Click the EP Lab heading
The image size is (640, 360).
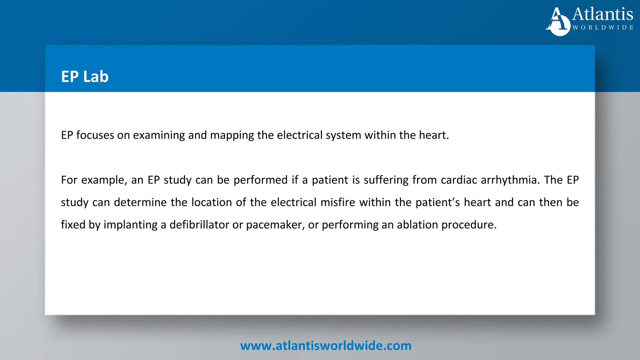85,77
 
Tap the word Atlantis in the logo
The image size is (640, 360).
602,14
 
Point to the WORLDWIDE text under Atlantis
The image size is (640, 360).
603,27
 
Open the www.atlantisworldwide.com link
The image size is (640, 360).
326,346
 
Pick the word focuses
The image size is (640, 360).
95,135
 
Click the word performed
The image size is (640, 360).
261,180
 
